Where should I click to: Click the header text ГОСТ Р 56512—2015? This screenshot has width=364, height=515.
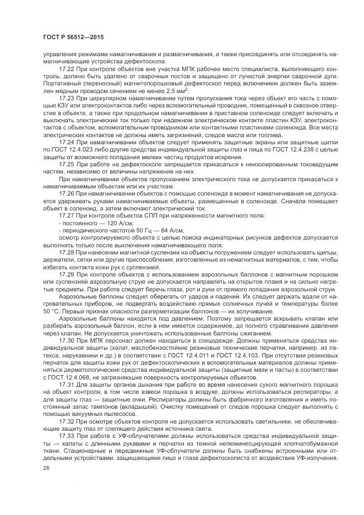(73, 37)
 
